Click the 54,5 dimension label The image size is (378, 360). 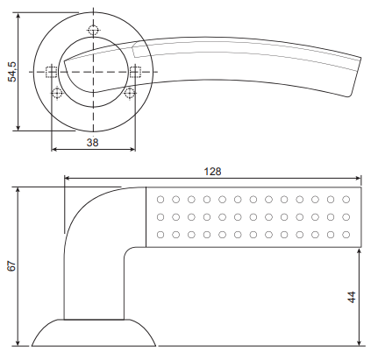(13, 72)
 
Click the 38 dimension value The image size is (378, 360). (93, 143)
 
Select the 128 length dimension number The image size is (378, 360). (212, 172)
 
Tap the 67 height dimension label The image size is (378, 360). (12, 266)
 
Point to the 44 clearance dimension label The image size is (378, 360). (352, 297)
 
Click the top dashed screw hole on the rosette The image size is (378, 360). (93, 30)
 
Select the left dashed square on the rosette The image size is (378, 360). (51, 72)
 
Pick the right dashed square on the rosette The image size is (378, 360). (135, 72)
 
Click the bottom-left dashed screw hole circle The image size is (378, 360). (57, 93)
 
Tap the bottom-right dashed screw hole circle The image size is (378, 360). (129, 93)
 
